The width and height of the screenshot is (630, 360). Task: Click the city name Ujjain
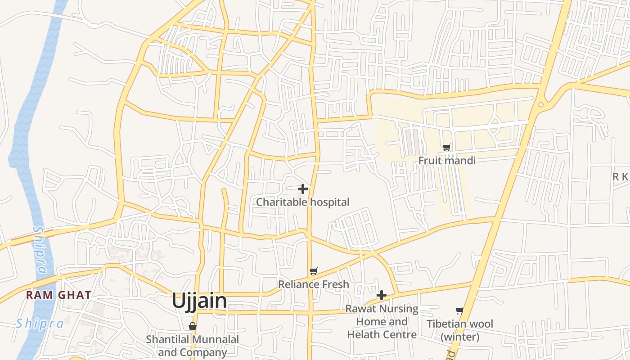[x=199, y=301]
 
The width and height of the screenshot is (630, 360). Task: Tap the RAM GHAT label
[x=58, y=295]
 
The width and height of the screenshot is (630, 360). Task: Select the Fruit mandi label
[x=447, y=160]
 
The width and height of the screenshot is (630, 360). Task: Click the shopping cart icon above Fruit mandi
[x=447, y=147]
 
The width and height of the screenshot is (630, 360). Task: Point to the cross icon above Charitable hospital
[x=303, y=189]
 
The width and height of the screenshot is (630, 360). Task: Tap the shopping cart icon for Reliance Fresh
[x=314, y=271]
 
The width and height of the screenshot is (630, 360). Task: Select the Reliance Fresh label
[x=313, y=284]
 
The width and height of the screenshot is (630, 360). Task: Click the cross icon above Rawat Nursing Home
[x=382, y=295]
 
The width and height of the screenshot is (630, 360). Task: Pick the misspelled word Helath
[x=365, y=335]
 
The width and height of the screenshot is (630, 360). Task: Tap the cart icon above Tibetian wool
[x=459, y=310]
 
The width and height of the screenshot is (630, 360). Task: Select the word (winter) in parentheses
[x=460, y=337]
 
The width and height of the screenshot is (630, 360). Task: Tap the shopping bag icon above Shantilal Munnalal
[x=193, y=326]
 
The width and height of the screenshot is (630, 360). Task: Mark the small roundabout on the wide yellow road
[x=541, y=104]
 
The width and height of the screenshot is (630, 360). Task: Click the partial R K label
[x=621, y=177]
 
